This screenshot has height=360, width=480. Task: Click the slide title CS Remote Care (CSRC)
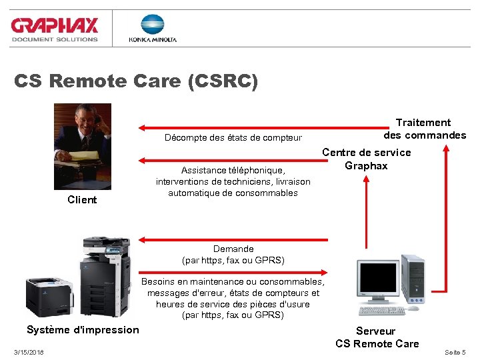pyautogui.click(x=135, y=81)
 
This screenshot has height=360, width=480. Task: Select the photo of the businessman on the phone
pyautogui.click(x=83, y=146)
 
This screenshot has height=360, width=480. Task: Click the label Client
pyautogui.click(x=82, y=200)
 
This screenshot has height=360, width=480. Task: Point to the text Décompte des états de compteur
pyautogui.click(x=233, y=138)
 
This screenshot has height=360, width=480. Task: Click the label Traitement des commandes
pyautogui.click(x=424, y=129)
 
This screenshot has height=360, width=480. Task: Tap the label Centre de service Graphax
pyautogui.click(x=367, y=159)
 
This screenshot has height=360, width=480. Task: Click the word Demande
pyautogui.click(x=233, y=249)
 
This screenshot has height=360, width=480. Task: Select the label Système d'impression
pyautogui.click(x=83, y=330)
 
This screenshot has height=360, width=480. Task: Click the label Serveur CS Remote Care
pyautogui.click(x=377, y=337)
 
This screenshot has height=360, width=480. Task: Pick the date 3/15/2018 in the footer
pyautogui.click(x=29, y=352)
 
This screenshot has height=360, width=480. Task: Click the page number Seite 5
pyautogui.click(x=455, y=352)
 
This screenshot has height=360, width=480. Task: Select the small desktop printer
pyautogui.click(x=49, y=294)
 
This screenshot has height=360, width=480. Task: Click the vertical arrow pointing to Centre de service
pyautogui.click(x=367, y=213)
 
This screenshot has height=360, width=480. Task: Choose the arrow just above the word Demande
pyautogui.click(x=233, y=238)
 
